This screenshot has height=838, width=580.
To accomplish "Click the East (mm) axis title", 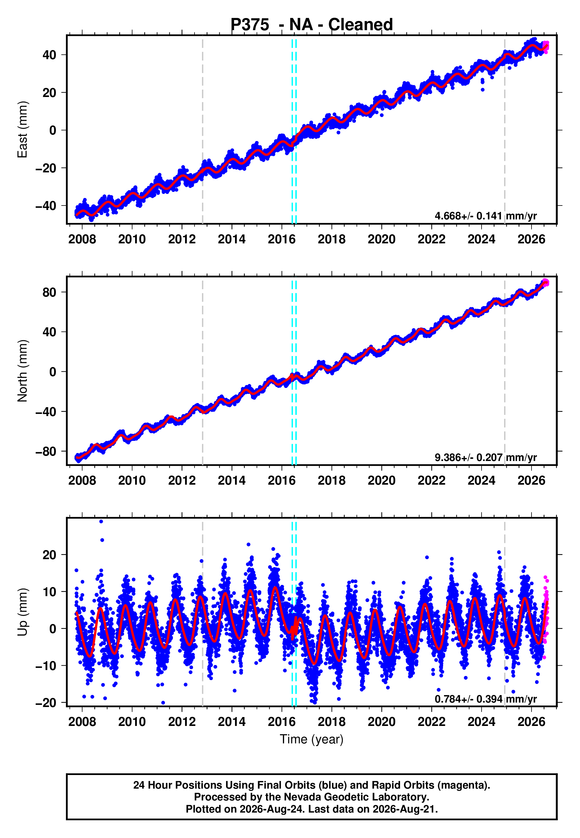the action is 22,130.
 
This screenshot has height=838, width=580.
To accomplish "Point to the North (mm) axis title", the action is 22,371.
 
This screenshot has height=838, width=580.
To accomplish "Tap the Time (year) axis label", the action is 312,740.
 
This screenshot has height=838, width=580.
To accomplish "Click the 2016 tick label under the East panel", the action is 282,239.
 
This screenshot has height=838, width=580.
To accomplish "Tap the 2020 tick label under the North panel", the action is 382,481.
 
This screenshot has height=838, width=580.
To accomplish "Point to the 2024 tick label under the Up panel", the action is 482,722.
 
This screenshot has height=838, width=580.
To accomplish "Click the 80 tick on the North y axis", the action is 49,292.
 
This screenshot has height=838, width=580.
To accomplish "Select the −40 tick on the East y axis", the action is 46,206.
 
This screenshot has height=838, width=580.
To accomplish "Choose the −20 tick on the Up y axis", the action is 46,703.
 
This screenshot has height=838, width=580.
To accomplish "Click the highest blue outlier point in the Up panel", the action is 101,522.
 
